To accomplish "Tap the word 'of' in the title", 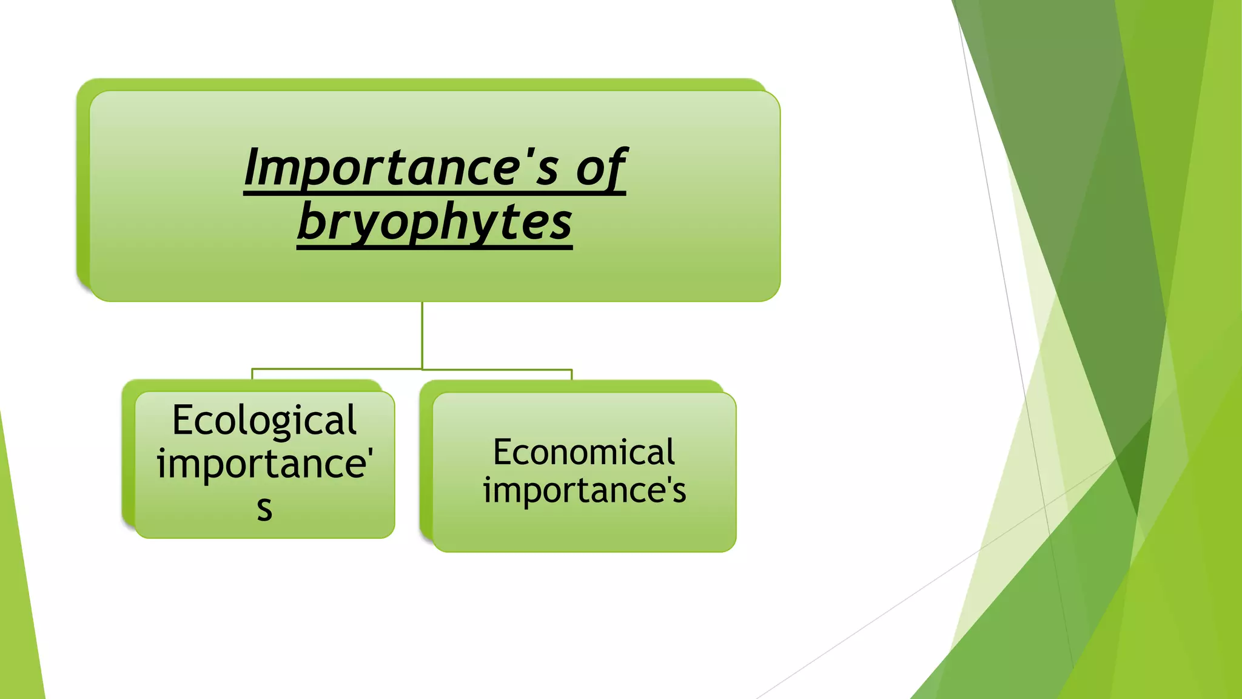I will tap(600, 169).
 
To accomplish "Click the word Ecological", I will tap(264, 420).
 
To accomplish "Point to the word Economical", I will tap(583, 452).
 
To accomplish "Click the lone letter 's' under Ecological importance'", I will tap(264, 508).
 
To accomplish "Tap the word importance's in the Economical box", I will tap(585, 490).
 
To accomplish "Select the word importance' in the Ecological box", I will tap(264, 464).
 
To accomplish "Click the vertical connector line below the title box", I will tap(422, 334).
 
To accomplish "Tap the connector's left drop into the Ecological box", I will tap(252, 374).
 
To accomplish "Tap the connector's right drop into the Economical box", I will tap(571, 374).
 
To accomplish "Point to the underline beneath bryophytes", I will tap(434, 247).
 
